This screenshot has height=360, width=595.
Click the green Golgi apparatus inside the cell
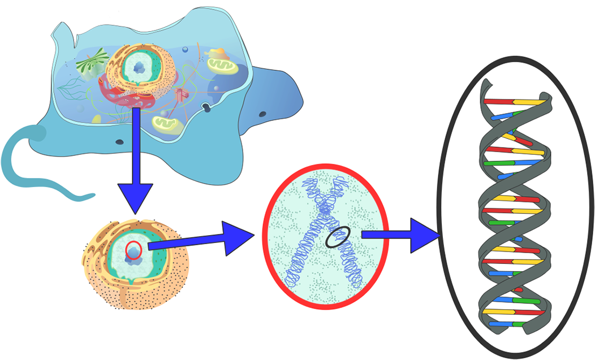click(93, 61)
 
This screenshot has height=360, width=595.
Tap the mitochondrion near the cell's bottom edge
click(167, 123)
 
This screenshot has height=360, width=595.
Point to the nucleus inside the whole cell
click(138, 69)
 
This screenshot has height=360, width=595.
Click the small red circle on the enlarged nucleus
click(133, 250)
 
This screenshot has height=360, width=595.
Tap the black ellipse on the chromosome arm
click(338, 237)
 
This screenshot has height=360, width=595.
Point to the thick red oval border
click(266, 237)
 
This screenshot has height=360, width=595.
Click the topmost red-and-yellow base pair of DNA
click(515, 102)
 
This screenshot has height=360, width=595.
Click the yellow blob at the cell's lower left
click(96, 120)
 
